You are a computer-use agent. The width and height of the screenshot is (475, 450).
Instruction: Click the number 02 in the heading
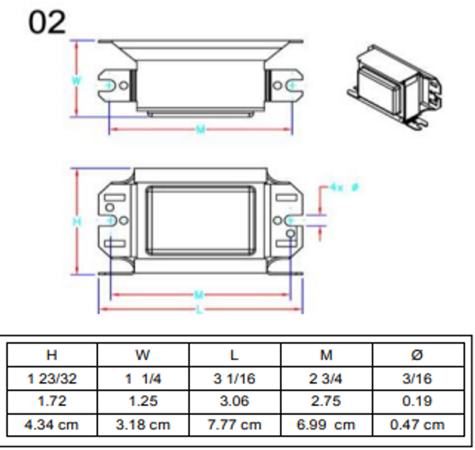point(48,23)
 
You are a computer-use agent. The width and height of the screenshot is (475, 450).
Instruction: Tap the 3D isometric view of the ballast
point(391,84)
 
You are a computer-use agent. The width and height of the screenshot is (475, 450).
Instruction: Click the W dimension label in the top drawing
point(76,80)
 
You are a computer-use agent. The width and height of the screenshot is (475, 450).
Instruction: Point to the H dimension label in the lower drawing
point(77,222)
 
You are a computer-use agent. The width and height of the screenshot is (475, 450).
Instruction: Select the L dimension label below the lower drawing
point(200,310)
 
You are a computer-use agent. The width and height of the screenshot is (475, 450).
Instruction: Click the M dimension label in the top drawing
point(200,128)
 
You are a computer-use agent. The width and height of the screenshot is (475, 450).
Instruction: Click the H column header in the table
point(52,354)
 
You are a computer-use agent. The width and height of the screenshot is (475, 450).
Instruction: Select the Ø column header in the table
point(417,354)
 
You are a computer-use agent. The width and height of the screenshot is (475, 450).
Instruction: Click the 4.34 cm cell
point(52,425)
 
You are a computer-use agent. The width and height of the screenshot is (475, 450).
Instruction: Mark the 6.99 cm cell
point(326,425)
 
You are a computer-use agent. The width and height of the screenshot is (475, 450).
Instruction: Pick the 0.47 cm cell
point(417,425)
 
